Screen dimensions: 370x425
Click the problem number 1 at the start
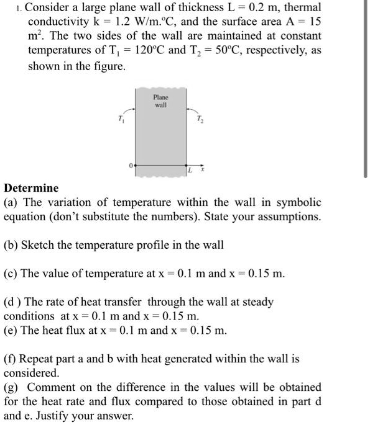tap(18, 8)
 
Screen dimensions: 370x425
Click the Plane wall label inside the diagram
tap(160, 101)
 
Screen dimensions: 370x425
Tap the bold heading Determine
tap(31, 188)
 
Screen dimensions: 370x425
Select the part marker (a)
tap(11, 202)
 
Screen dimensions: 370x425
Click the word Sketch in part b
tap(39, 245)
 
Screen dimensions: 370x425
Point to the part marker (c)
tap(11, 274)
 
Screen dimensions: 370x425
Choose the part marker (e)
tap(11, 330)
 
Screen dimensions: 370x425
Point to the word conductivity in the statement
tap(58, 22)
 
